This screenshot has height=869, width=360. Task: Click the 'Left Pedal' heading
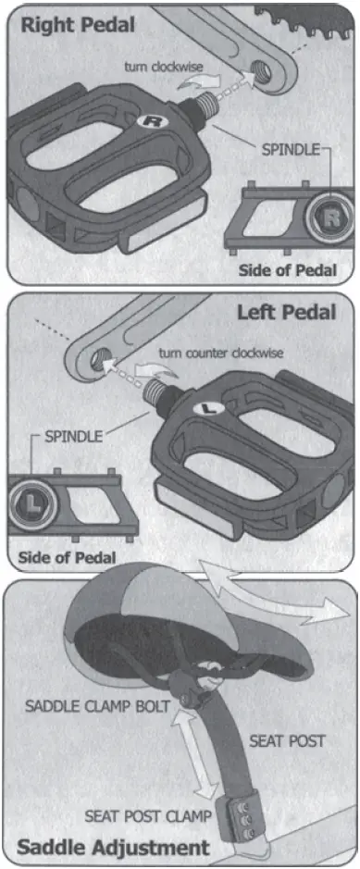coord(287,311)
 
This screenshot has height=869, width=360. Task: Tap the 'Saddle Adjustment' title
coord(111,846)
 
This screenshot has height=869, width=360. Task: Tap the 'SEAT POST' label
coord(287,740)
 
